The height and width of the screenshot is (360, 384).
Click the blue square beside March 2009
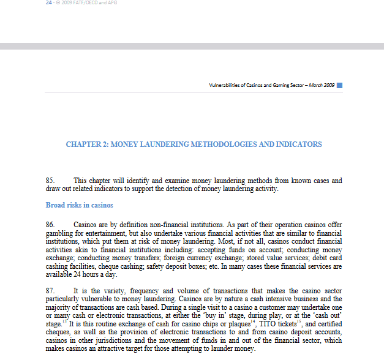pyautogui.click(x=339, y=85)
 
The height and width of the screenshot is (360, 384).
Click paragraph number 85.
pyautogui.click(x=50, y=181)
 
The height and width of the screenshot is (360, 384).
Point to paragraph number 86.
pyautogui.click(x=50, y=225)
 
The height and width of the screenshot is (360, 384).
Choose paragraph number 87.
pyautogui.click(x=50, y=291)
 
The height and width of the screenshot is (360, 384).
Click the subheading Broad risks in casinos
pyautogui.click(x=79, y=204)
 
